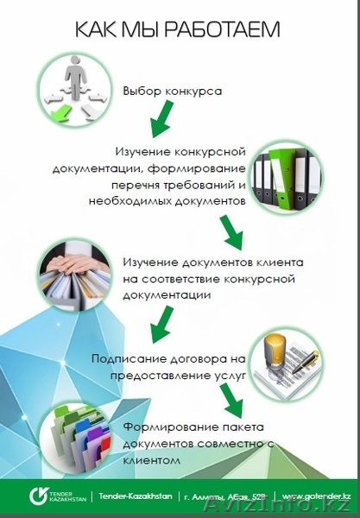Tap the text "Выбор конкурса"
[173, 91]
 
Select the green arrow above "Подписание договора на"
[160, 325]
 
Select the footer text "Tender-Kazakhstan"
[136, 498]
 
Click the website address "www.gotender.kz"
[316, 498]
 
